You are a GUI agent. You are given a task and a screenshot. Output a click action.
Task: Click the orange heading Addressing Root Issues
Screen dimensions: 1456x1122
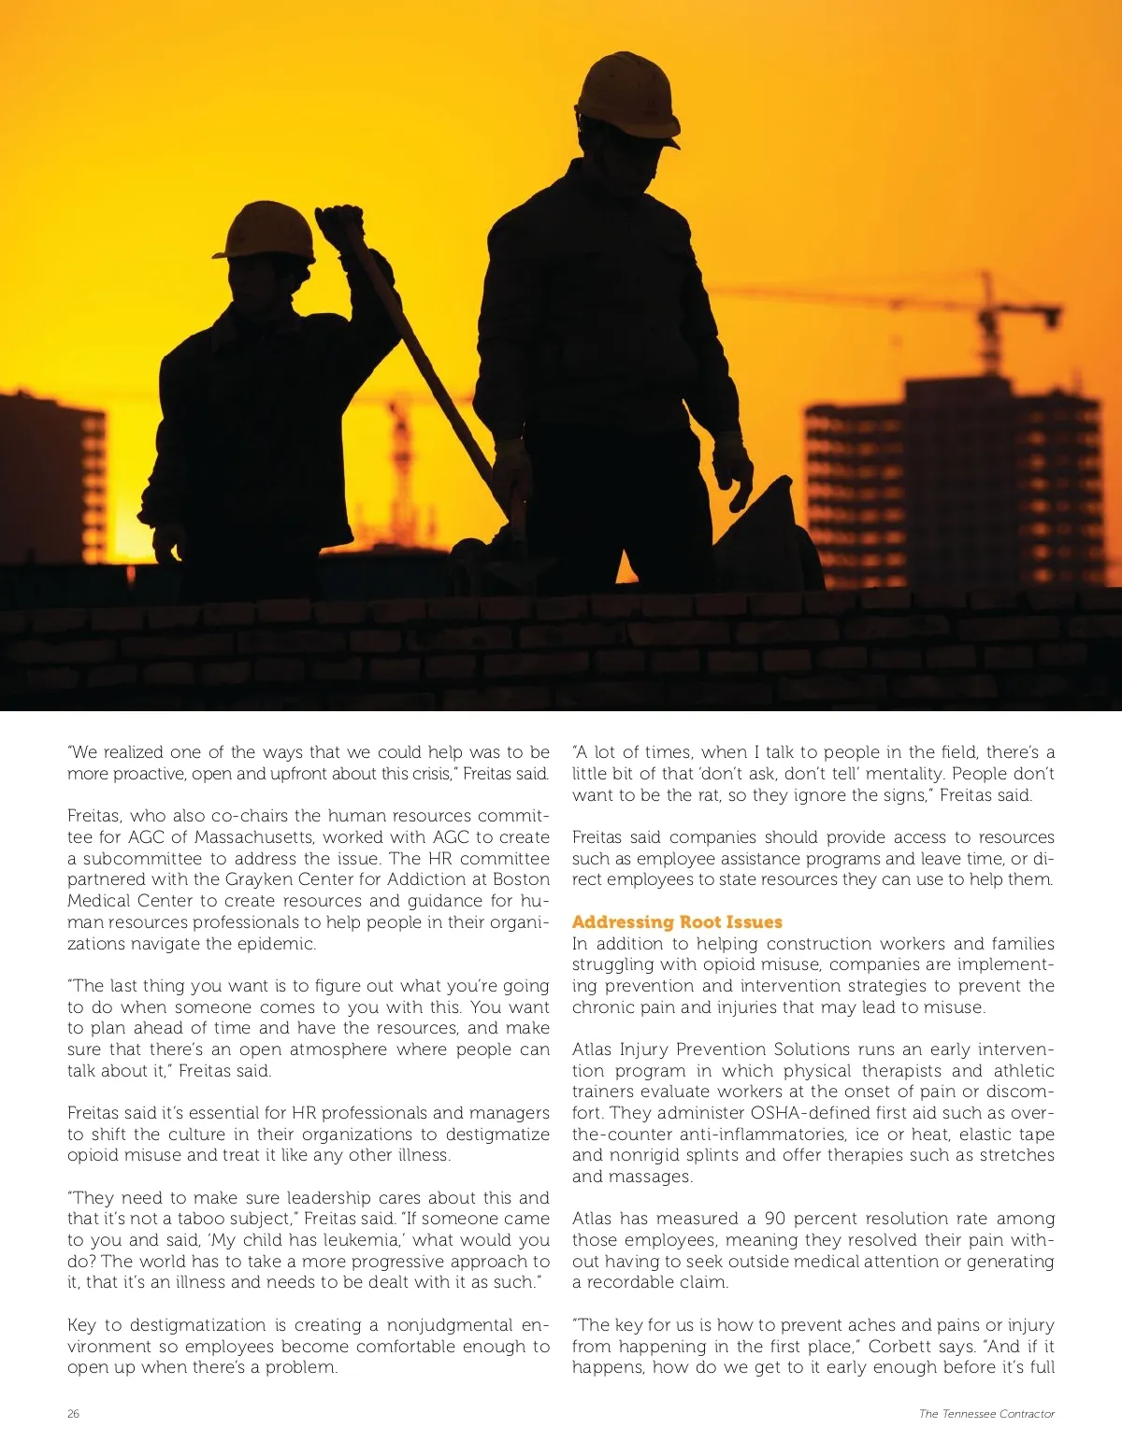[677, 922]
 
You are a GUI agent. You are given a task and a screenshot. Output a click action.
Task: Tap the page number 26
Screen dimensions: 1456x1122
[73, 1414]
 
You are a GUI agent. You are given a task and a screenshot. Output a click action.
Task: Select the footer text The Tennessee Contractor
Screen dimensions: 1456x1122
[986, 1414]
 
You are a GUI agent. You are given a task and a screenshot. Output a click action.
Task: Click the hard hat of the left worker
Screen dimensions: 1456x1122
[265, 231]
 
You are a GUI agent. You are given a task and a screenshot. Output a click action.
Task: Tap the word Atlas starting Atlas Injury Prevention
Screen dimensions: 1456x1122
[592, 1049]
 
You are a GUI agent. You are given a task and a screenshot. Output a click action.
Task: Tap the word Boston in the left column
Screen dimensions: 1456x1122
[521, 879]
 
